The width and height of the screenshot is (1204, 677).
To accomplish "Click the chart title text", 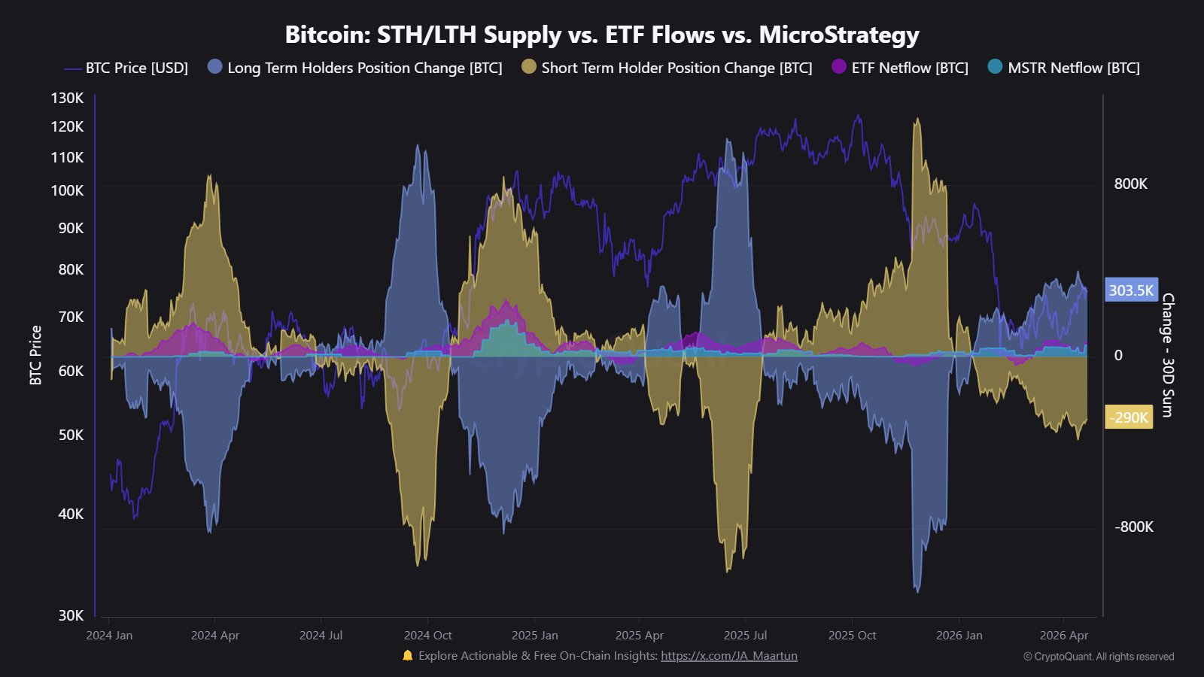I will (x=602, y=35).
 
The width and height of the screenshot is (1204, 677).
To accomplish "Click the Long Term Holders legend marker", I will (x=215, y=67).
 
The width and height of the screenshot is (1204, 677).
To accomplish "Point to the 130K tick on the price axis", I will (x=68, y=98).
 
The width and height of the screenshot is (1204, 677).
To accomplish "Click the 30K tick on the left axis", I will (x=71, y=615).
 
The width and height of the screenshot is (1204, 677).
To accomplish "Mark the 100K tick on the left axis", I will (x=68, y=190).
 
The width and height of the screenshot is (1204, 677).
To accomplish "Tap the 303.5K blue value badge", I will (x=1131, y=290).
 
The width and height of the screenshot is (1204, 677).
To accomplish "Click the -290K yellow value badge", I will (x=1129, y=417).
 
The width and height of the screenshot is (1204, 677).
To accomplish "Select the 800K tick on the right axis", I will (x=1130, y=184).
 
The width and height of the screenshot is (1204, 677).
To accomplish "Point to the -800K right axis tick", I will (x=1133, y=527).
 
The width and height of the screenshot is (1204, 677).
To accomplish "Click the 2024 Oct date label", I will (x=427, y=636).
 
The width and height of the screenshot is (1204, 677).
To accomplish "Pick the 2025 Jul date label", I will (x=745, y=636).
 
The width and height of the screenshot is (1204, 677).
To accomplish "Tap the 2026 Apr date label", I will (x=1063, y=636).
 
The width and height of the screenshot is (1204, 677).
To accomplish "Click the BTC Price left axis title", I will (x=35, y=355).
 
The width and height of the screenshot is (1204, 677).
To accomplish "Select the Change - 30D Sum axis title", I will (x=1167, y=355).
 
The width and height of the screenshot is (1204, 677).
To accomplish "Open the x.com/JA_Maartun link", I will (x=728, y=656).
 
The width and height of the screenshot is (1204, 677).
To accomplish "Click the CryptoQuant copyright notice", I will (x=1099, y=657).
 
